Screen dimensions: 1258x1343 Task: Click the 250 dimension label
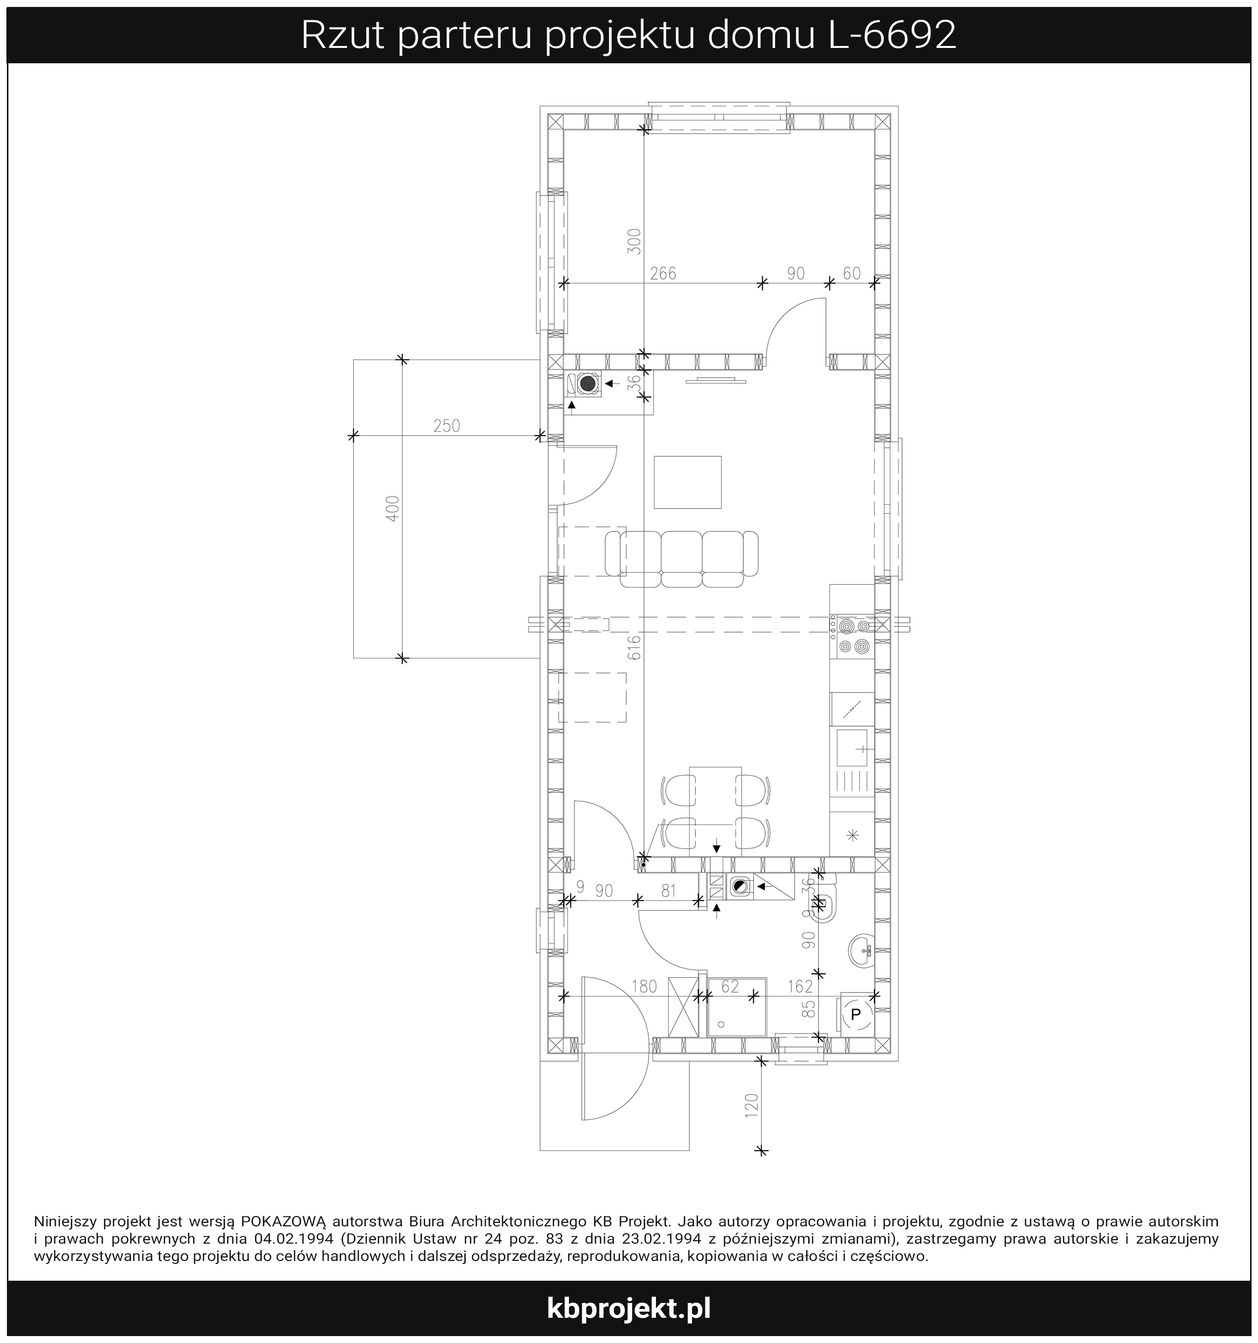pyautogui.click(x=446, y=426)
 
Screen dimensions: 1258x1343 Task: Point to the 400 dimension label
pyautogui.click(x=393, y=508)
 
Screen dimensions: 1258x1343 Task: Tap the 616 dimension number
pyautogui.click(x=634, y=648)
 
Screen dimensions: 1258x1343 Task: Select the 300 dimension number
pyautogui.click(x=634, y=241)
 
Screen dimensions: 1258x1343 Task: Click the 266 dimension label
pyautogui.click(x=663, y=274)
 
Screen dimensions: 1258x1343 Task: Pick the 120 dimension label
pyautogui.click(x=752, y=1107)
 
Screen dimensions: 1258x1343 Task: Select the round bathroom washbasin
pyautogui.click(x=862, y=951)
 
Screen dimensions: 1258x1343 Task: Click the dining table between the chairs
pyautogui.click(x=715, y=808)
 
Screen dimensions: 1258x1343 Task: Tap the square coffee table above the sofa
pyautogui.click(x=688, y=482)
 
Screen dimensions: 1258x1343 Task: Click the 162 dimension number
pyautogui.click(x=800, y=987)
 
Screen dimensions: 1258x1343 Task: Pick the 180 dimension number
pyautogui.click(x=644, y=987)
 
